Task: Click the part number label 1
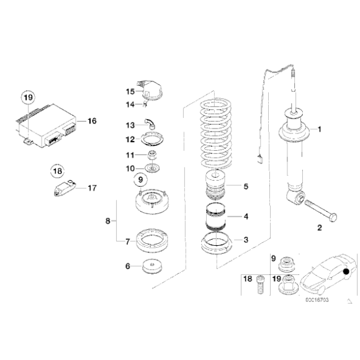(320, 130)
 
